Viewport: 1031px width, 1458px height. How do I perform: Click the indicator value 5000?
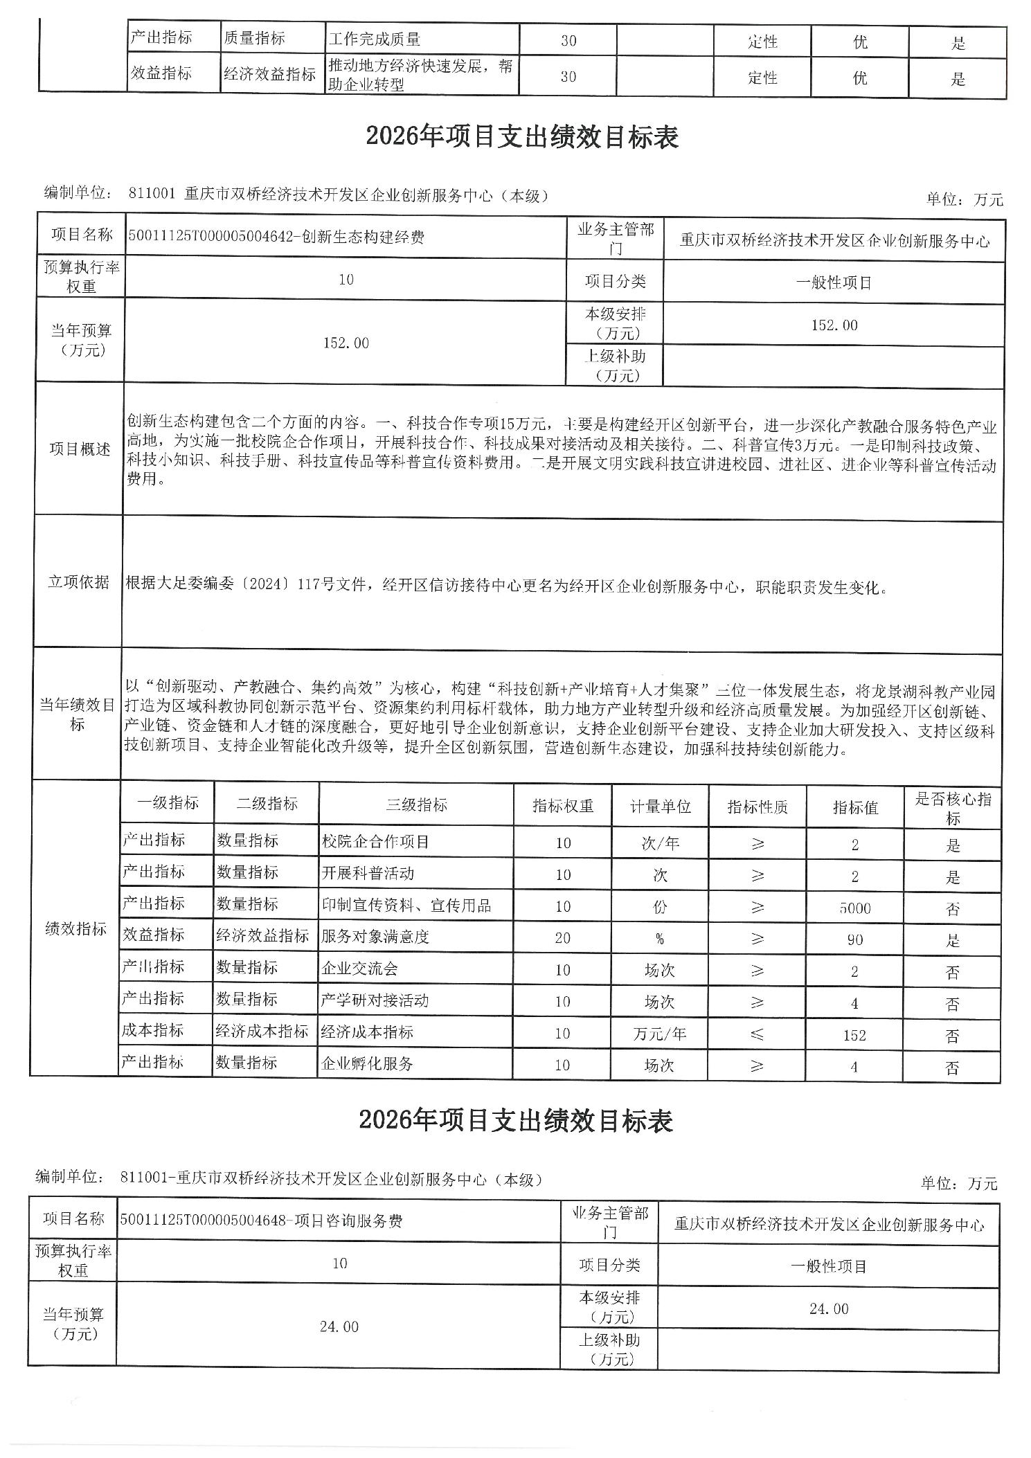click(x=854, y=908)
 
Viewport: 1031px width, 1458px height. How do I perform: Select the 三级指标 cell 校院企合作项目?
click(x=375, y=842)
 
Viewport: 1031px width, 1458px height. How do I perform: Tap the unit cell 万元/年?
click(x=659, y=1034)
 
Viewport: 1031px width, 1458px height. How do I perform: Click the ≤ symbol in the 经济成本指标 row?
click(x=757, y=1034)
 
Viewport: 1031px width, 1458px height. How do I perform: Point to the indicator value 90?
click(x=854, y=939)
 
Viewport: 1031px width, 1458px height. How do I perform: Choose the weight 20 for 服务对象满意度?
click(x=562, y=938)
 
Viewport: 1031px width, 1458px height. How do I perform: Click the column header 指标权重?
click(x=562, y=806)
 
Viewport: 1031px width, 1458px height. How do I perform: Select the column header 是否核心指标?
click(x=953, y=808)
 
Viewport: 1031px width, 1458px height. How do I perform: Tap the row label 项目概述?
click(x=80, y=449)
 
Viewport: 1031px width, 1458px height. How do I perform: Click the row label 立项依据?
click(x=78, y=582)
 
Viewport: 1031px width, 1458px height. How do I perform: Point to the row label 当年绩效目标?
click(x=77, y=715)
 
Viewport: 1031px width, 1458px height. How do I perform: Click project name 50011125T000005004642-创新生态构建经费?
click(x=276, y=237)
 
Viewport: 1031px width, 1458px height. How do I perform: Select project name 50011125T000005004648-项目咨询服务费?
click(x=261, y=1221)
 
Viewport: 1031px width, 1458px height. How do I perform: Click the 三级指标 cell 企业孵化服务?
click(x=367, y=1064)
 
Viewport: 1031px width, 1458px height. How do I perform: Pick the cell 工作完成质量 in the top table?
click(x=375, y=40)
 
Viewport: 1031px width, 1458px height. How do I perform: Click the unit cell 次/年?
click(x=660, y=844)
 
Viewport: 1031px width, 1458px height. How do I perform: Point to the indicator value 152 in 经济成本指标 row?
click(x=854, y=1035)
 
